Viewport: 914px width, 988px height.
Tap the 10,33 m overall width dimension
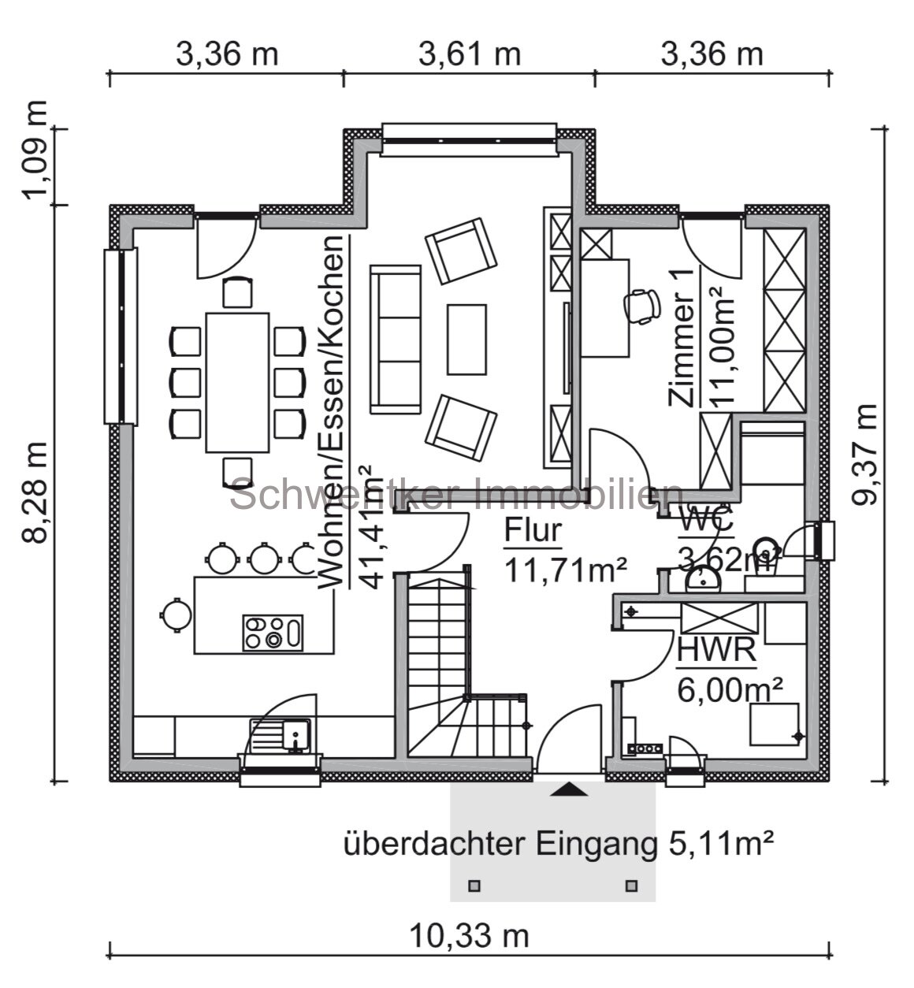[469, 936]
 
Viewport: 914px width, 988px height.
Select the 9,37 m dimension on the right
[864, 455]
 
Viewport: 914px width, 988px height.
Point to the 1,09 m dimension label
[37, 151]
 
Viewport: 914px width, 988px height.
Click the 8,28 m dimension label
[37, 492]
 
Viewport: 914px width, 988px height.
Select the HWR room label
[716, 651]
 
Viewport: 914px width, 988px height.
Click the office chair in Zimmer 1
[643, 306]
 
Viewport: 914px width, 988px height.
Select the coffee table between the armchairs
[466, 340]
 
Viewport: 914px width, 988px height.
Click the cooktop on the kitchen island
[273, 633]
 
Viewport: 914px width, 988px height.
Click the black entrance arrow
[568, 789]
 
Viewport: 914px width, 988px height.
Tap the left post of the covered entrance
[474, 886]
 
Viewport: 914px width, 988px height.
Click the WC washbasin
[702, 580]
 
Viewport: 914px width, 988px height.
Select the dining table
[237, 382]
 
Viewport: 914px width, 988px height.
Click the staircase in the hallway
[440, 662]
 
